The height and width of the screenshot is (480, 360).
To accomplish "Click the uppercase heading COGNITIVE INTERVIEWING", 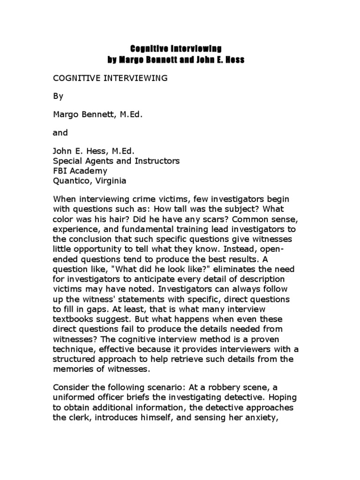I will tap(110, 78).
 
